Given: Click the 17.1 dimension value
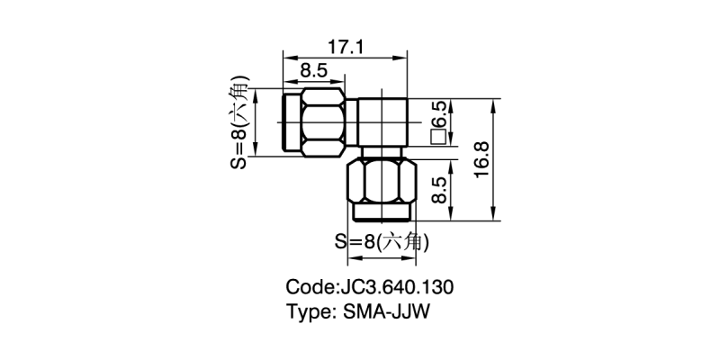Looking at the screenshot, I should (x=343, y=47).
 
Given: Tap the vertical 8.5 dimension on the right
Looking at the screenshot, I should (x=439, y=193).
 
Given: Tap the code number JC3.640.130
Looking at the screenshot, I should (x=396, y=288).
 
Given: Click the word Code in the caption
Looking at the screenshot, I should (x=308, y=288).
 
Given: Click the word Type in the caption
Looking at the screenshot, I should (x=309, y=312).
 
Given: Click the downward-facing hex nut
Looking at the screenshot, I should (x=382, y=182).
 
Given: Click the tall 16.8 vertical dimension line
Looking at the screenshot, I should (x=493, y=160).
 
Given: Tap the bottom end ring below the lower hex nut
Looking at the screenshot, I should (x=382, y=213).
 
